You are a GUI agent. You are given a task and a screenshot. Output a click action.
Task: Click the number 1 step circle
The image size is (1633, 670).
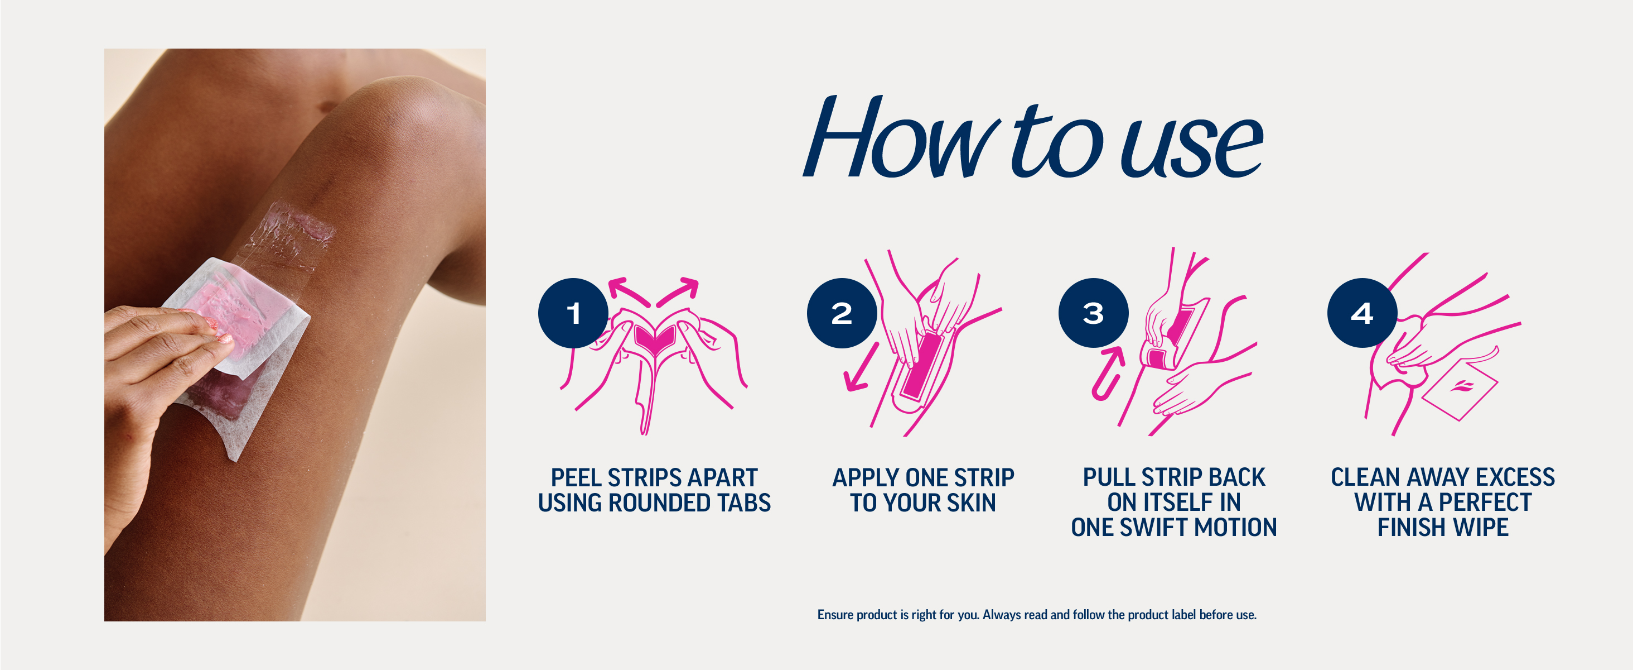click(x=573, y=313)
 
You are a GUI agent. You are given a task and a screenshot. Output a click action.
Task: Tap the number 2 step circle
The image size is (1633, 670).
click(x=842, y=313)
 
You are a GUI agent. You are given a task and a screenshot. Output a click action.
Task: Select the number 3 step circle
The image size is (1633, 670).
click(x=1094, y=313)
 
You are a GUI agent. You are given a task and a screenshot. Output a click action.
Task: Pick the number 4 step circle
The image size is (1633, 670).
click(x=1363, y=313)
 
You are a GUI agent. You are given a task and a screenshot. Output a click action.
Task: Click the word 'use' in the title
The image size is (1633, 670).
click(x=1192, y=147)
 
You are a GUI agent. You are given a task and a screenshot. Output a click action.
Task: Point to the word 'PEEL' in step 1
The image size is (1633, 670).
click(x=576, y=478)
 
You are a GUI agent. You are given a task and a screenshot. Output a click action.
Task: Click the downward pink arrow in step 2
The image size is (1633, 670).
click(x=862, y=367)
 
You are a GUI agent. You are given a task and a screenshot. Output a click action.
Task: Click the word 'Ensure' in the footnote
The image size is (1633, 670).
click(x=835, y=615)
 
